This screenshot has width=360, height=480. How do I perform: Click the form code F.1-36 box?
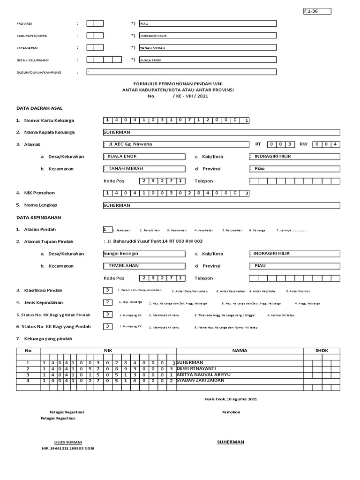click(x=317, y=11)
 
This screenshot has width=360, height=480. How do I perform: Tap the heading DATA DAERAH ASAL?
click(x=40, y=108)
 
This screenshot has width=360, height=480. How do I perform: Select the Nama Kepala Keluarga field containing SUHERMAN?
click(x=221, y=133)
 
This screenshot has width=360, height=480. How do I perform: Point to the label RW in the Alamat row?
click(x=304, y=144)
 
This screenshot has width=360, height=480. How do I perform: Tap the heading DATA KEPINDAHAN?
click(x=39, y=217)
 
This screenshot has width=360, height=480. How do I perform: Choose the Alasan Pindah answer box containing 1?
click(x=107, y=230)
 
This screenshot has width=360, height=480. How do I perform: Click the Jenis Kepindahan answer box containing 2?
click(x=108, y=302)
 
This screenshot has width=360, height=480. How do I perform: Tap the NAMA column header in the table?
click(x=239, y=351)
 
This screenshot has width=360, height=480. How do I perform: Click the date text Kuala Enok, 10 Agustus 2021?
click(x=230, y=399)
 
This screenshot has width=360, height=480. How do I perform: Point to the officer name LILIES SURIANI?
click(x=68, y=442)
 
